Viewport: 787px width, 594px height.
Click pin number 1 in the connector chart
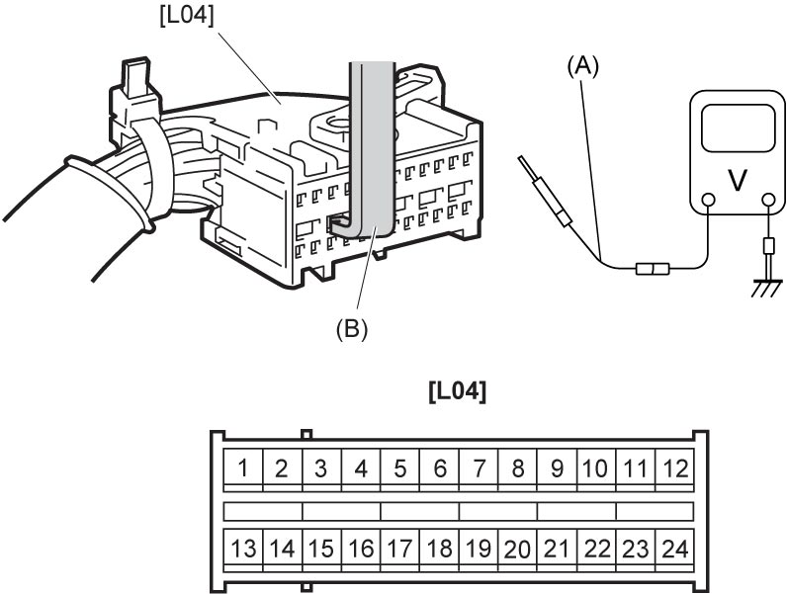tap(243, 468)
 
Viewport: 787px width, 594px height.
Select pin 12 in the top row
tap(675, 468)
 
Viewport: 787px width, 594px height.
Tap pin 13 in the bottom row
tap(243, 548)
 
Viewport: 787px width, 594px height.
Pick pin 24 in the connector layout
tap(675, 548)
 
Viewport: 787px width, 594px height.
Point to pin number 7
tap(479, 468)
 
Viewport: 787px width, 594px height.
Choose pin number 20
tap(518, 548)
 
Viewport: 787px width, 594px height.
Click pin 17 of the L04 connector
tap(400, 548)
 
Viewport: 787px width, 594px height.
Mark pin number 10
tap(596, 468)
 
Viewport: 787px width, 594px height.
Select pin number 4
tap(361, 468)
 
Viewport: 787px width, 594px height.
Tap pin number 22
tap(596, 548)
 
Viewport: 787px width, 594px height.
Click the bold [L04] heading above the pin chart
tap(458, 391)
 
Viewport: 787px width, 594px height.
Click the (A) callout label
tap(582, 67)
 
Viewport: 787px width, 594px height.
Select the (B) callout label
tap(352, 329)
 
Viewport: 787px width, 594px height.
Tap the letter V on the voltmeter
tap(737, 180)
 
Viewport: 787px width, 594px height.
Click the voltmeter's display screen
tap(737, 128)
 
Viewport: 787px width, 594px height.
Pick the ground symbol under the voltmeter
tap(767, 289)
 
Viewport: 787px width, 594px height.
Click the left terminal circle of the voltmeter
tap(708, 201)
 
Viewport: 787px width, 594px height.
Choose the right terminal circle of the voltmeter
tap(768, 201)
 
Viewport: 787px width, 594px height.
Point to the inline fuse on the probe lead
tap(653, 269)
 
